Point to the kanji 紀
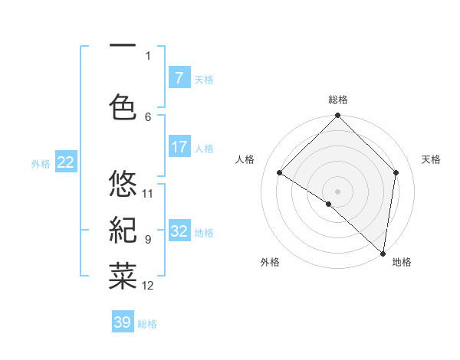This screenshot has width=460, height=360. point(123,230)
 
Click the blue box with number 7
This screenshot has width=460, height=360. point(179,78)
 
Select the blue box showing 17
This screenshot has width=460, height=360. point(179,147)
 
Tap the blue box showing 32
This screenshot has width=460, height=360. point(179,231)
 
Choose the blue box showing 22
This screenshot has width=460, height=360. point(65,162)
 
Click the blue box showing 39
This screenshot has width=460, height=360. point(122,322)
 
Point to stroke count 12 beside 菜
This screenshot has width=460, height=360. point(148,286)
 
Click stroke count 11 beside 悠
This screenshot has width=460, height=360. point(148,193)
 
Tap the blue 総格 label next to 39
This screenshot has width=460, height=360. point(147,324)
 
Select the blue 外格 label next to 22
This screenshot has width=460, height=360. point(41,163)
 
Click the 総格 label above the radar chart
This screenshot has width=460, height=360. point(338,100)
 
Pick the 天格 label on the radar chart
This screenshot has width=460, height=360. point(432,159)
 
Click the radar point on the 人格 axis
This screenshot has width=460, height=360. point(280,173)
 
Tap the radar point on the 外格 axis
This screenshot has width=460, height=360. point(328,204)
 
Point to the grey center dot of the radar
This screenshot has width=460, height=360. point(338,191)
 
